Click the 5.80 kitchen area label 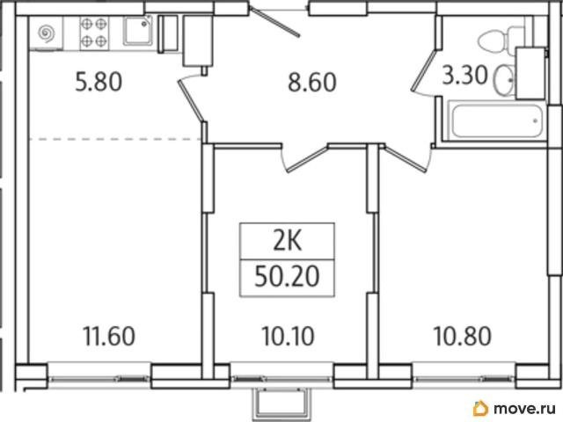(x=99, y=82)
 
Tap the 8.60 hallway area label (x=312, y=82)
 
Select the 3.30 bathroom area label (x=465, y=76)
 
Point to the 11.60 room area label (x=109, y=336)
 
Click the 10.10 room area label (x=288, y=336)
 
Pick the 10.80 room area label (x=463, y=336)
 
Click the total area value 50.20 (x=287, y=277)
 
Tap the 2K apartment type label (x=288, y=241)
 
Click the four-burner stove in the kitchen (x=94, y=33)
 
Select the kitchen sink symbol (x=138, y=31)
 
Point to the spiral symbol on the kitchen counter (x=47, y=33)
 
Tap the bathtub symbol (x=496, y=120)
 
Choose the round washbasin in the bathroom (x=504, y=80)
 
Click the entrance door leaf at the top (x=275, y=22)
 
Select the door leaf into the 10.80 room (x=406, y=159)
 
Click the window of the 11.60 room (x=99, y=377)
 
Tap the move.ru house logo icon (x=481, y=408)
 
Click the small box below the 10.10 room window (x=281, y=404)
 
